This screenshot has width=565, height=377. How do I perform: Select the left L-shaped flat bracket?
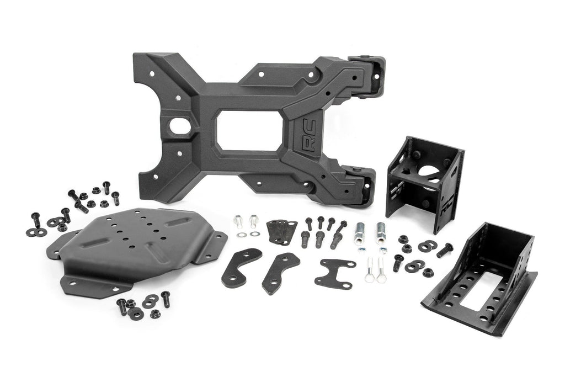(x=241, y=267)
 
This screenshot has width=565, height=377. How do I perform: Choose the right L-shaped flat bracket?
(x=280, y=272)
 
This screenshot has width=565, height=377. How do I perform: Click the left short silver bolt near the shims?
(x=238, y=221)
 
